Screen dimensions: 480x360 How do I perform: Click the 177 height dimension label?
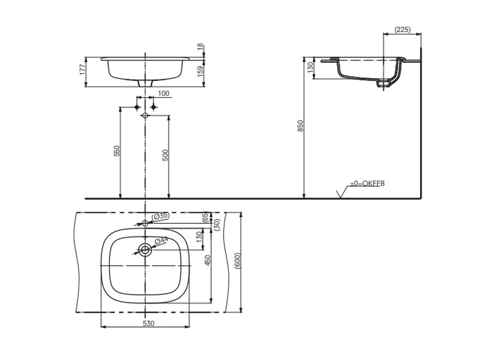(x=82, y=70)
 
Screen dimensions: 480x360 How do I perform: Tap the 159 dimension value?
(x=200, y=71)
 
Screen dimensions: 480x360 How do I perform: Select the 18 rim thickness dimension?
(x=200, y=47)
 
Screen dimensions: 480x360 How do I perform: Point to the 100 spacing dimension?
(x=164, y=94)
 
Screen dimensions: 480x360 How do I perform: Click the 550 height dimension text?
(x=116, y=151)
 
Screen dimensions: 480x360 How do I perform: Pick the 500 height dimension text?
(x=165, y=155)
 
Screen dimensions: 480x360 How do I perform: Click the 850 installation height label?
(x=301, y=126)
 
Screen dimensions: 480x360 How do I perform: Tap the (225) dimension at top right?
(x=403, y=29)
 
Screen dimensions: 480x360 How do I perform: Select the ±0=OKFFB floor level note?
(x=367, y=184)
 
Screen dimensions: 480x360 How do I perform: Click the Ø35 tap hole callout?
(x=161, y=216)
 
